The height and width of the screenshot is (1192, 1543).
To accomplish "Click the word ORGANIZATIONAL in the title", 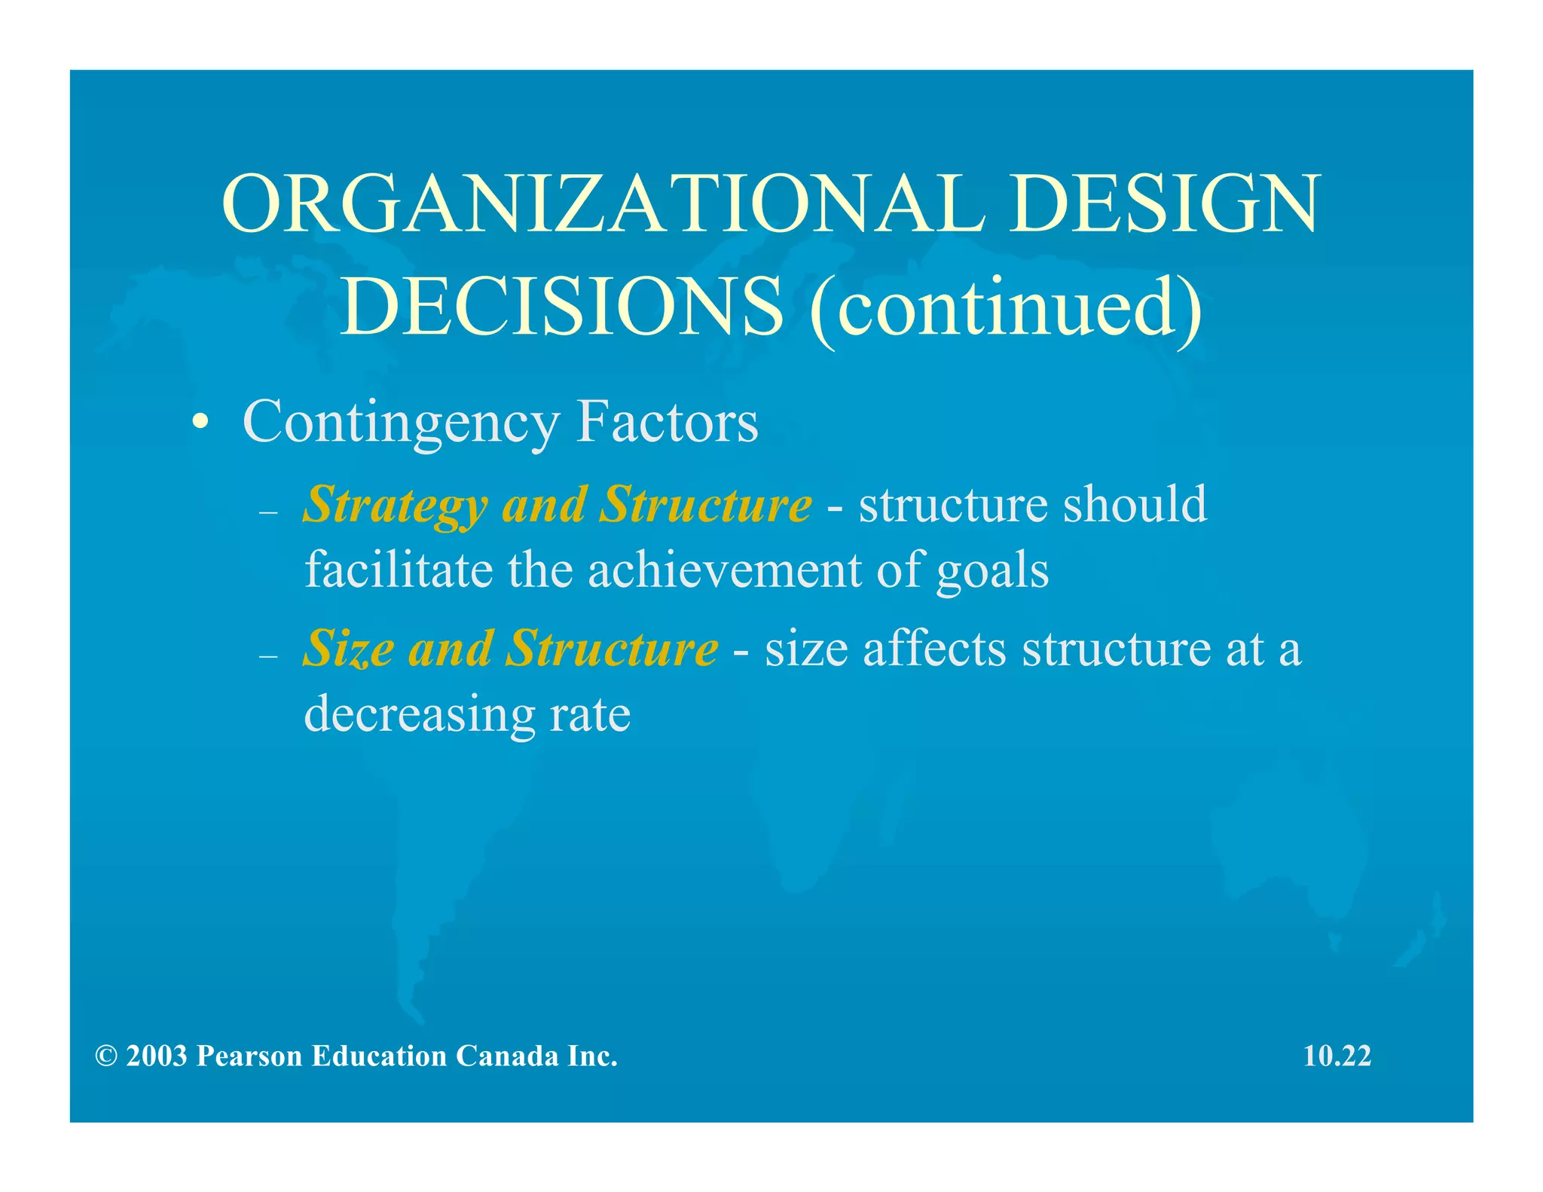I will (603, 204).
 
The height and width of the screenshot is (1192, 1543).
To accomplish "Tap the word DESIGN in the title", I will (1165, 204).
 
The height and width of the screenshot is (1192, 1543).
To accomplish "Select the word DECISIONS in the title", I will (561, 307).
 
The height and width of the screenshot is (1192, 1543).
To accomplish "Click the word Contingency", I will (401, 423).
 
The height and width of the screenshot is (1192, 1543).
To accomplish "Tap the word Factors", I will (667, 423).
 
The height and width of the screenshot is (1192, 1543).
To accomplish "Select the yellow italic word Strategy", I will (394, 505).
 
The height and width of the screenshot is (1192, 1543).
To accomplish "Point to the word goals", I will (992, 571).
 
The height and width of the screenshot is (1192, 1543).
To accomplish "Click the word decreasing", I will (418, 714).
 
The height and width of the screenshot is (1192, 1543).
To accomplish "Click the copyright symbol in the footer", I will (106, 1056).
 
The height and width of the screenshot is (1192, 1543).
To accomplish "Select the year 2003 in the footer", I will (157, 1056).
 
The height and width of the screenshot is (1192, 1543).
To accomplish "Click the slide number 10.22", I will (1337, 1056).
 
